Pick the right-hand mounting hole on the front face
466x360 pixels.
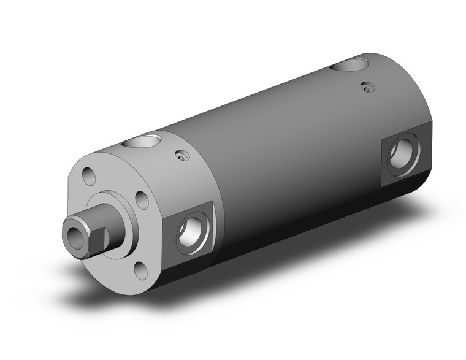click(142, 199)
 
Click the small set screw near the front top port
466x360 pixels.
click(181, 156)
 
